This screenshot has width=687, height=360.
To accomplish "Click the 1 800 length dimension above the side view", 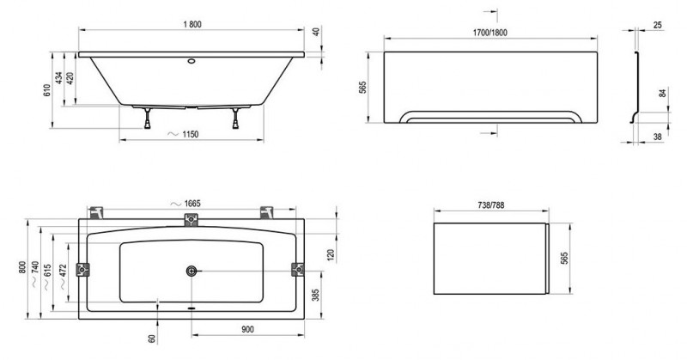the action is tap(192, 25).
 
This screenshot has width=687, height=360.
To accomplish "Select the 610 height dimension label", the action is tap(47, 90).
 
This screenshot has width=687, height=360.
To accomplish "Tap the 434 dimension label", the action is tap(59, 78).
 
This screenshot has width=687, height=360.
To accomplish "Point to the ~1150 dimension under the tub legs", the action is tap(184, 134).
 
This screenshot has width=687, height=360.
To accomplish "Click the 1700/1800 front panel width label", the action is tap(489, 33).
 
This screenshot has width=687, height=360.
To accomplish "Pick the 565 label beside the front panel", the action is tap(362, 88).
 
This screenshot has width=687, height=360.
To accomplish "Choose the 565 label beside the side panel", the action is tap(565, 258).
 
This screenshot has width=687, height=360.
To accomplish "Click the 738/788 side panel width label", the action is tap(490, 204).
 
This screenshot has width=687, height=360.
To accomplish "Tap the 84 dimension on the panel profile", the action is tap(663, 93).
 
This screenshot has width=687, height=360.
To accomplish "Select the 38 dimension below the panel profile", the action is tap(658, 137).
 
